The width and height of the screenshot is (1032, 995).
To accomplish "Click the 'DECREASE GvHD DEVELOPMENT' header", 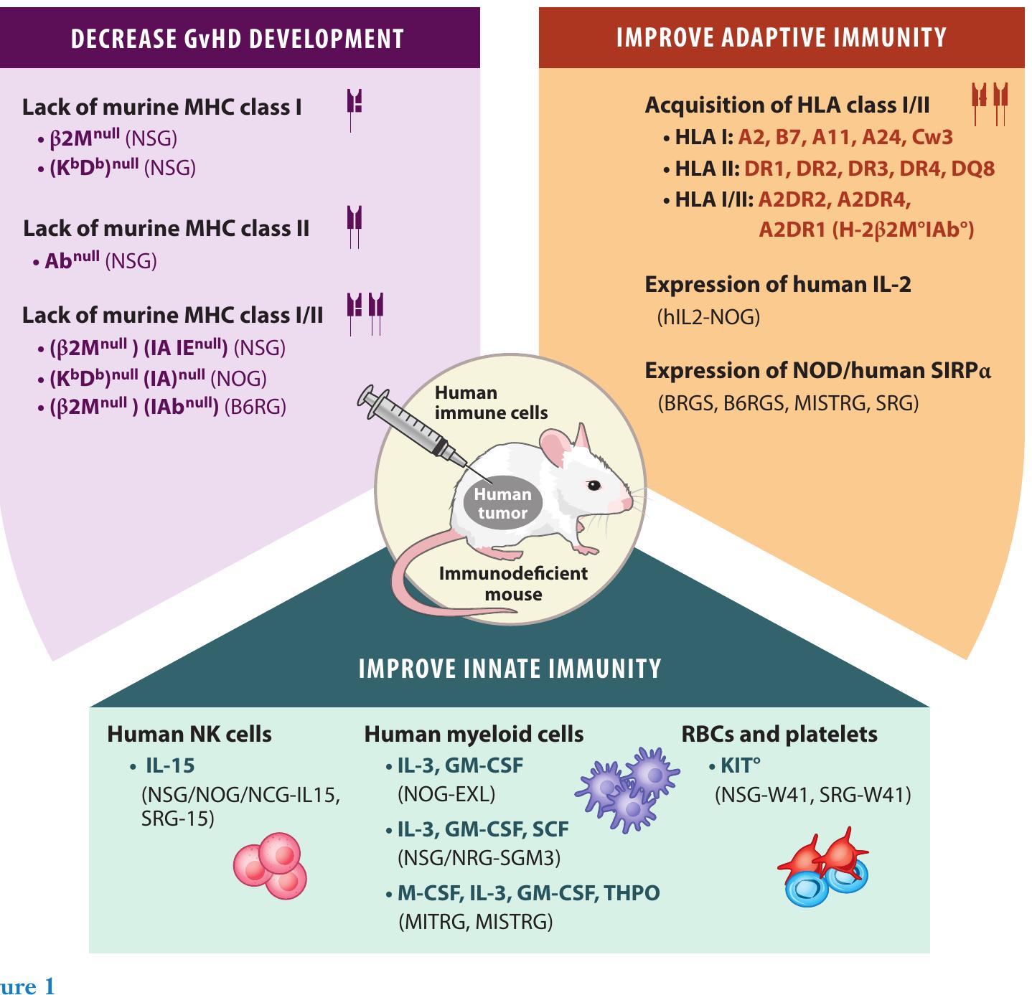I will [x=238, y=39].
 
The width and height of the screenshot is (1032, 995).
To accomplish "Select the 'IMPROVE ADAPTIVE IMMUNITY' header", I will [x=782, y=38].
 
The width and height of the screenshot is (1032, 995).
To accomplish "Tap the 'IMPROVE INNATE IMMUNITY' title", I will [x=510, y=669].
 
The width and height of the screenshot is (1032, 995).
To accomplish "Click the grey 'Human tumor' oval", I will [x=502, y=503].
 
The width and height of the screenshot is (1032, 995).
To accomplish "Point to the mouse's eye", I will [x=594, y=485].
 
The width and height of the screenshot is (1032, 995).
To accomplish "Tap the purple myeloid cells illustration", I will [x=629, y=787].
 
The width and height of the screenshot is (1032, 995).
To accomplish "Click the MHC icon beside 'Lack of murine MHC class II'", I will [x=355, y=226].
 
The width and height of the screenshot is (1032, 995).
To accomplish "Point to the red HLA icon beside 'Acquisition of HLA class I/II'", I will [x=990, y=103].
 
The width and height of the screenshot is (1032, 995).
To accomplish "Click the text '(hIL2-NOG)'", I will [x=708, y=317].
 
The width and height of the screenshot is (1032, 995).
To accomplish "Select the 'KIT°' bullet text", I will [x=739, y=765].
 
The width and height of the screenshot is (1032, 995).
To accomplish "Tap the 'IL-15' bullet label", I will [x=170, y=765].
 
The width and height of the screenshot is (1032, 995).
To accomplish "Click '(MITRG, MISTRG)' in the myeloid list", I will [x=475, y=922].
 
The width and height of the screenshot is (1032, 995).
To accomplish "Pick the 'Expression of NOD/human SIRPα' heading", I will [x=817, y=371].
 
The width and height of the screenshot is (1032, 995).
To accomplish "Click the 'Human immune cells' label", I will [x=491, y=402].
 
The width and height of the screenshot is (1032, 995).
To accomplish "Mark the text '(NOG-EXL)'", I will [x=446, y=794].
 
